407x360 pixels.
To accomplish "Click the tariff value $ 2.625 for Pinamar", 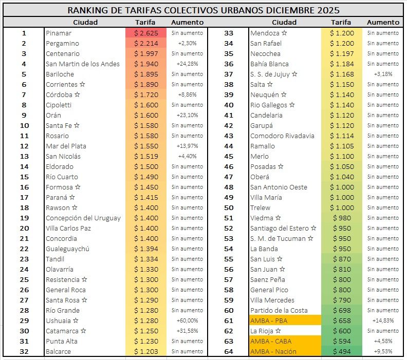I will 145,33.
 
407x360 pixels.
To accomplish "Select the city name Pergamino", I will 62,44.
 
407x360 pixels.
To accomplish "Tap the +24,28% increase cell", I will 188,64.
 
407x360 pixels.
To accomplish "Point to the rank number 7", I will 24,95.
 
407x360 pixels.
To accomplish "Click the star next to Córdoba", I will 78,95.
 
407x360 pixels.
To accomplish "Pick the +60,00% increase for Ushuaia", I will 188,321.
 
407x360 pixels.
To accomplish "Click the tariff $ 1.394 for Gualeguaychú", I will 145,249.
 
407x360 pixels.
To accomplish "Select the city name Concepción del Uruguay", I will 83,218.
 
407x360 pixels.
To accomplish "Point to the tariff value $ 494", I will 342,352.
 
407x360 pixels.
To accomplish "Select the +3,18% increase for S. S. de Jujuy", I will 383,74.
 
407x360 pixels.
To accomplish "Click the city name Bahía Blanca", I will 269,64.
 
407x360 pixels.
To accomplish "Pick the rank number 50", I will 229,208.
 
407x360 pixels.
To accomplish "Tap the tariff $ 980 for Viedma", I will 342,218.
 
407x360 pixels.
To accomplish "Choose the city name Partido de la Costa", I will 279,311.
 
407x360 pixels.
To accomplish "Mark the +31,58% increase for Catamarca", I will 188,331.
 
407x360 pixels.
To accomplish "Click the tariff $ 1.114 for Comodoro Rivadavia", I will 342,136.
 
